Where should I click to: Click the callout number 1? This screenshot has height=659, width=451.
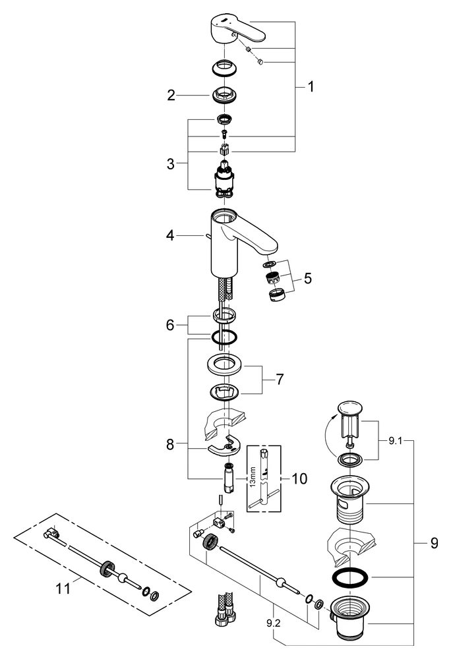(x=311, y=86)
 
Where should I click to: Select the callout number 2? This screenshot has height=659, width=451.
(x=171, y=96)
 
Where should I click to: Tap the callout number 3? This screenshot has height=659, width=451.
(x=171, y=163)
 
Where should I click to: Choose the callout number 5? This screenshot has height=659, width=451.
(x=307, y=278)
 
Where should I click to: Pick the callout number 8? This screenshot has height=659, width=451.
(x=171, y=445)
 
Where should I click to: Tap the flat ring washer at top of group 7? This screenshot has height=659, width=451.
(x=225, y=364)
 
